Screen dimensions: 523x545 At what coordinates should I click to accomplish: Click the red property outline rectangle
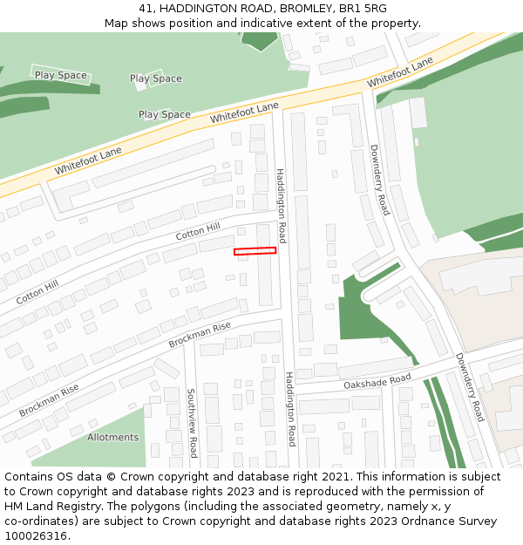(x=255, y=251)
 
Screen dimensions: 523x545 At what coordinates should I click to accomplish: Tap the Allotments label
(x=112, y=437)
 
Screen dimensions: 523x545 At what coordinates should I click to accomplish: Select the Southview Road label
(x=192, y=423)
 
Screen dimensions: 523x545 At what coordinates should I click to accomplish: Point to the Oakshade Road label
(x=377, y=380)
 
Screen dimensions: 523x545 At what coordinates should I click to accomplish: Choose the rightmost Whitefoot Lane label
(x=400, y=72)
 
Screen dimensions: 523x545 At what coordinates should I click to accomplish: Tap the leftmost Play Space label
(x=61, y=75)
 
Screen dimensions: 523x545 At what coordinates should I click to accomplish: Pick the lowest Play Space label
(x=165, y=114)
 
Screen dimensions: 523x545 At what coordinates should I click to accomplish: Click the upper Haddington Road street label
(x=281, y=205)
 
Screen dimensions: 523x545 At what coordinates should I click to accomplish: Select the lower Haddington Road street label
(x=290, y=408)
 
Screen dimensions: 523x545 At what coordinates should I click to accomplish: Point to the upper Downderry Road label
(x=379, y=180)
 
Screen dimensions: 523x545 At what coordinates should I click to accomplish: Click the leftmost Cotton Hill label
(x=37, y=291)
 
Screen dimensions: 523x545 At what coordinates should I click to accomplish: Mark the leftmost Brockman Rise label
(x=49, y=400)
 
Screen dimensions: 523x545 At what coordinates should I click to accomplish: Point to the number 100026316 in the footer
(x=36, y=535)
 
